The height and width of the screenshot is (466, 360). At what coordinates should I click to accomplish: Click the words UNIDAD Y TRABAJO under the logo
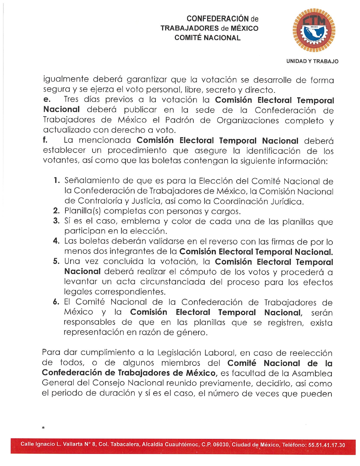(x=312, y=61)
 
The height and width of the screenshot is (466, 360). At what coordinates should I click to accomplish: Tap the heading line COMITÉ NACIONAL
(x=207, y=38)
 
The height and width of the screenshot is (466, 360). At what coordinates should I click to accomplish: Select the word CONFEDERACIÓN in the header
(x=218, y=19)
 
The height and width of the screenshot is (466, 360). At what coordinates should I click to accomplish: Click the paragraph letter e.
(x=47, y=100)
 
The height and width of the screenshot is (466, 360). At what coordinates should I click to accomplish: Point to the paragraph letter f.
(x=45, y=140)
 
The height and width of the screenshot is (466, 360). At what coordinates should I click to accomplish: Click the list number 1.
(x=57, y=180)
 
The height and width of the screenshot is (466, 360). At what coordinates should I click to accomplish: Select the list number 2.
(x=56, y=211)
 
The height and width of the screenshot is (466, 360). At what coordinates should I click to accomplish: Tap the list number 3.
(x=56, y=221)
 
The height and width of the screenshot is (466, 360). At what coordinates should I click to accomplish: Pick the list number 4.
(x=56, y=241)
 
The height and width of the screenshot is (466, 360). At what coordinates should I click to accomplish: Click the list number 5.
(x=56, y=261)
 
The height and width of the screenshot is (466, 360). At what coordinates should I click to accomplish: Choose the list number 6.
(x=56, y=302)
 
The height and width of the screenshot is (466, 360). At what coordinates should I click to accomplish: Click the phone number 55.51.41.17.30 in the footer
(x=326, y=445)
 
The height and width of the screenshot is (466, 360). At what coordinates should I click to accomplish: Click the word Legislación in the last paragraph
(x=179, y=353)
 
